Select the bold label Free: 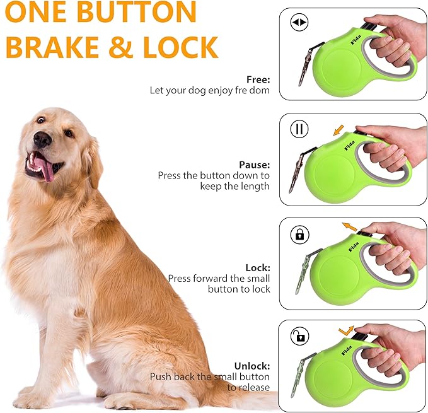(x=258, y=80)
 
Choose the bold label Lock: (x=258, y=267)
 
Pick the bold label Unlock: (x=252, y=366)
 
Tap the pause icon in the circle (x=299, y=130)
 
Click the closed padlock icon (x=299, y=235)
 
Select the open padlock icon (x=299, y=335)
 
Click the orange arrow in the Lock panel (x=349, y=226)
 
